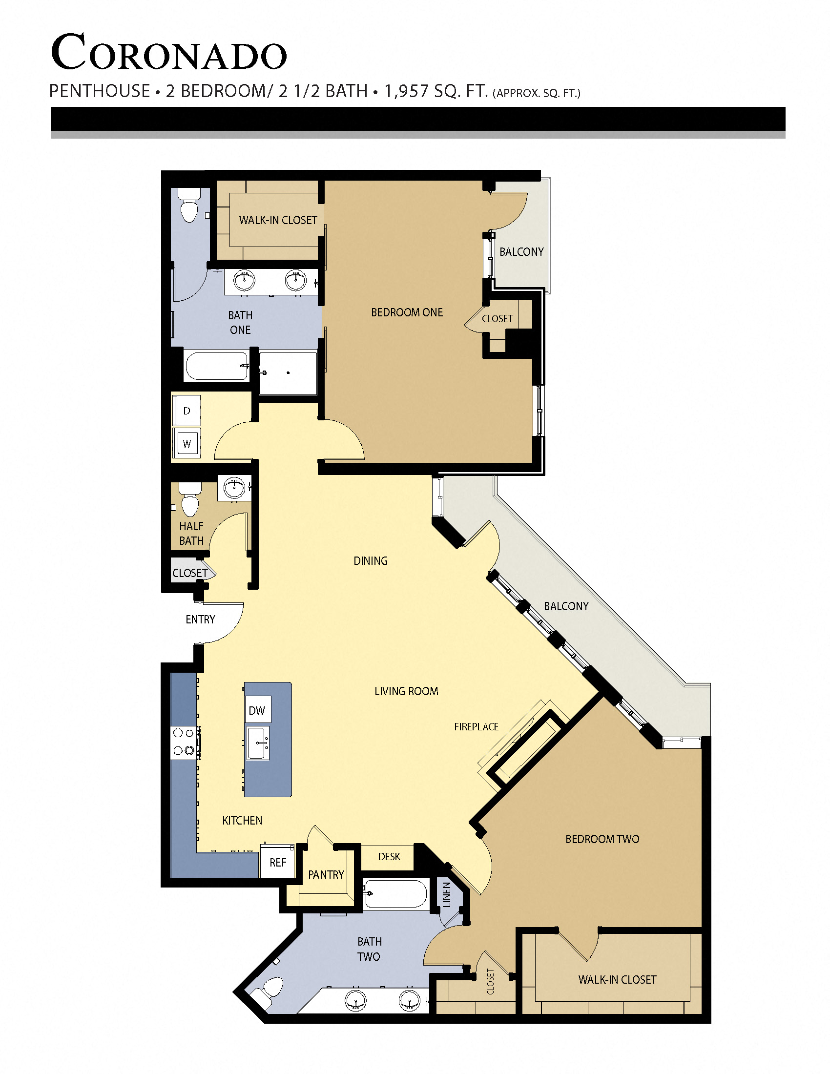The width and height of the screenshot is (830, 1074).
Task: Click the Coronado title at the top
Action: (x=168, y=53)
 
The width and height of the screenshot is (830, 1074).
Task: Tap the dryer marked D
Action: (x=187, y=411)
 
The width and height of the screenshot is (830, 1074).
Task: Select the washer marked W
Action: (x=187, y=444)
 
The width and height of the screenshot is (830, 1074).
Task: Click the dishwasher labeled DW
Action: (x=257, y=710)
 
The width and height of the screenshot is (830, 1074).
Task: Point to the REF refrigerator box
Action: (x=278, y=863)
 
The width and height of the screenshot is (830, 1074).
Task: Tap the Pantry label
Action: (x=326, y=874)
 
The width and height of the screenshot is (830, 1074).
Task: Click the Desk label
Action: (x=389, y=857)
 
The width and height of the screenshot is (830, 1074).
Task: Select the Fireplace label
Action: (x=476, y=727)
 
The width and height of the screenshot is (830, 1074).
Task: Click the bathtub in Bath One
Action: (x=216, y=366)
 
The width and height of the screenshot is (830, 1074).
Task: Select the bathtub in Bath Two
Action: (x=395, y=894)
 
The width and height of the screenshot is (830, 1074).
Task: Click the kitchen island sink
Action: (x=258, y=744)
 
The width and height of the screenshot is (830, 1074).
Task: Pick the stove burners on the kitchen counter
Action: (x=184, y=742)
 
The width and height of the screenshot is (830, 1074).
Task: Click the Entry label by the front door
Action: (x=200, y=620)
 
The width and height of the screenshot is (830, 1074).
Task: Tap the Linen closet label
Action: (x=446, y=894)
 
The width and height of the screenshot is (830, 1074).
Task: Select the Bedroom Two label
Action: (x=602, y=839)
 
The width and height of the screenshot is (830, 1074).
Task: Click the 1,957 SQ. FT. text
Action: (x=436, y=91)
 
